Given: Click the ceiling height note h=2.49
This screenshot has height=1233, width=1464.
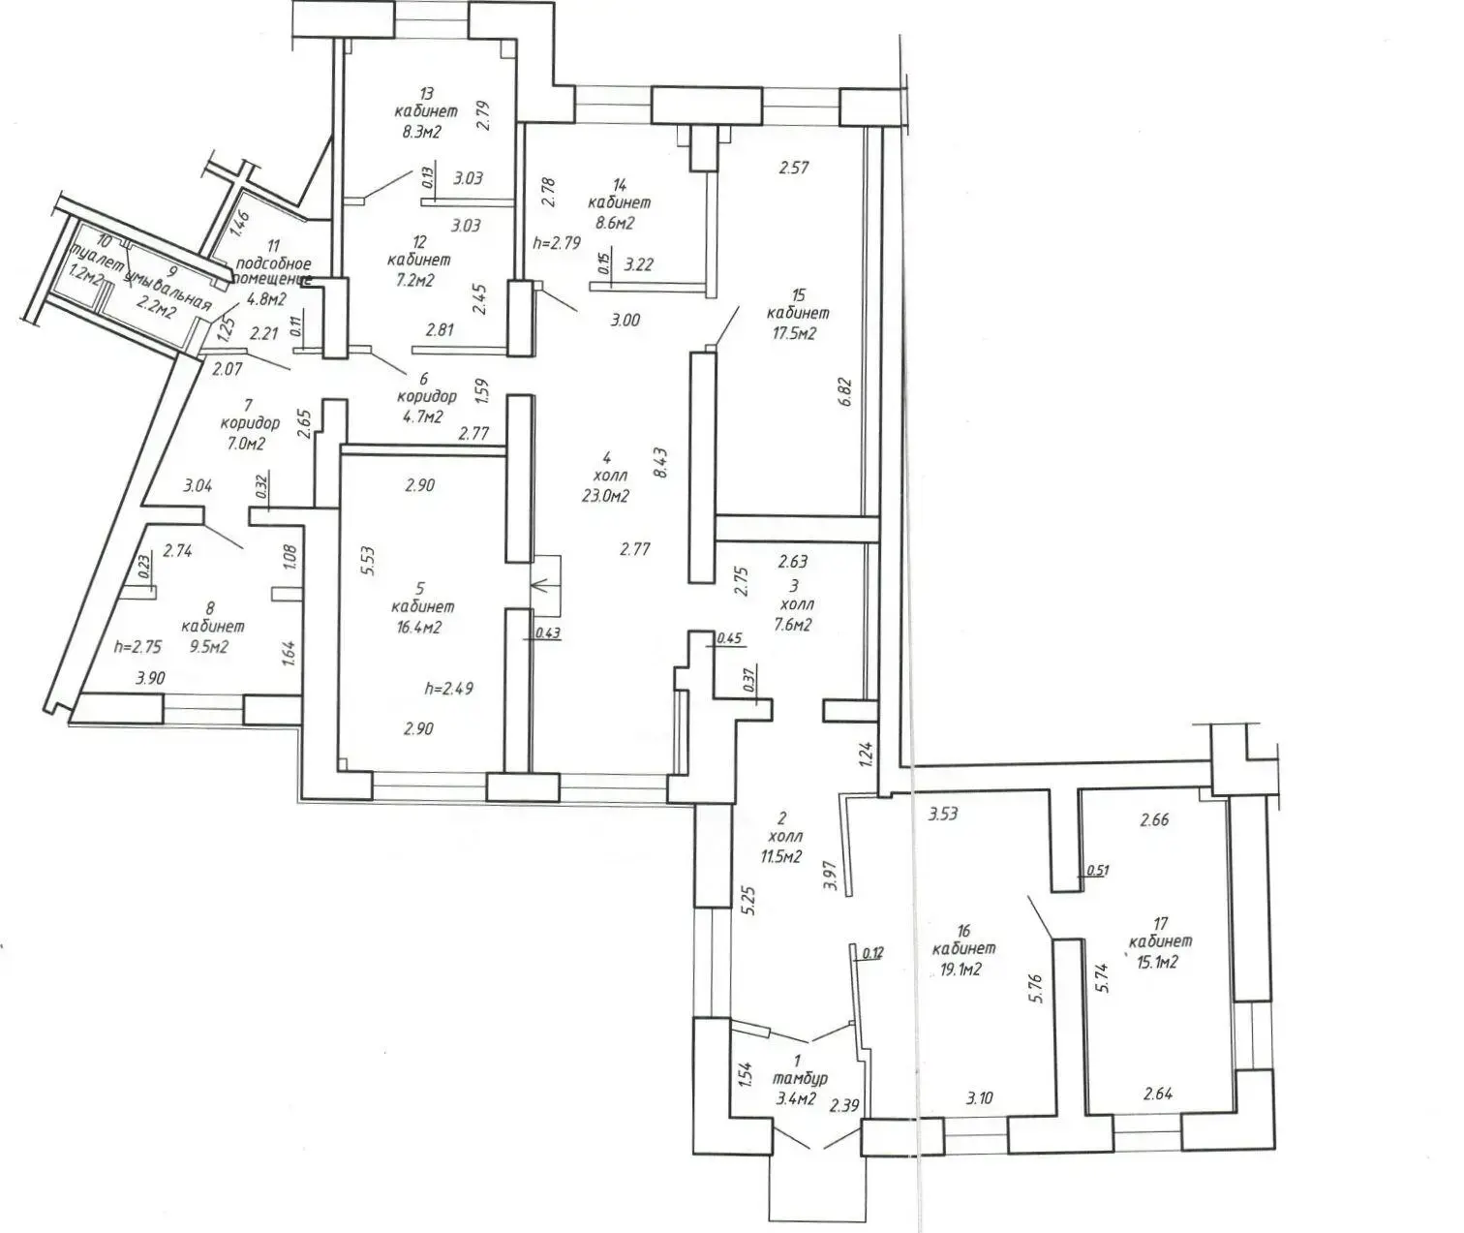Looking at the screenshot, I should pos(448,690).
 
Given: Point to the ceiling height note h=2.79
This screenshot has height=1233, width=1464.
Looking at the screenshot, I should pos(557,243).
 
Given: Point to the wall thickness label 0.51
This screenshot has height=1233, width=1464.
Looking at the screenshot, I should pos(1097,870).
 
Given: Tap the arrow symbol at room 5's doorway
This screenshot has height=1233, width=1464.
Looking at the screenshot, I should pos(540,585).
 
